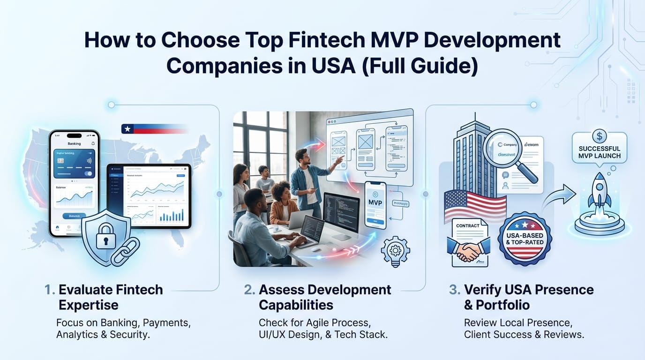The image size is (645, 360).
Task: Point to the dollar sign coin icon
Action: pyautogui.click(x=599, y=136)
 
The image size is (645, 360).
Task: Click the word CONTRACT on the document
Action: pyautogui.click(x=467, y=225)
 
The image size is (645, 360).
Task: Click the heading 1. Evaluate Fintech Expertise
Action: pyautogui.click(x=104, y=297)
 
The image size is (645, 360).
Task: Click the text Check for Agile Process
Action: pyautogui.click(x=315, y=323)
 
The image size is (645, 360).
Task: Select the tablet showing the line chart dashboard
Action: pyautogui.click(x=149, y=195)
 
